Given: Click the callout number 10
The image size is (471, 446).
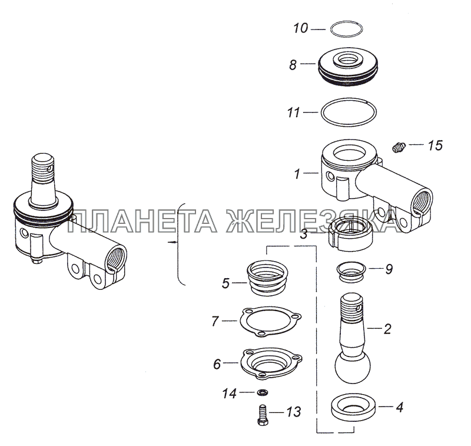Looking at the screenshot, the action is click(301, 28).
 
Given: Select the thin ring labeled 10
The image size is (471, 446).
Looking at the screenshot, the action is click(346, 22).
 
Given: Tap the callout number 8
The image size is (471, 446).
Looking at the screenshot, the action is click(293, 65).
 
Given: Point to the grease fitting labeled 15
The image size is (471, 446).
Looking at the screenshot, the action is click(399, 147).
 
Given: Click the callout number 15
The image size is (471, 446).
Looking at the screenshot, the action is click(435, 146).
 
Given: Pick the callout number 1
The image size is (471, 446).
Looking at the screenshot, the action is click(297, 174).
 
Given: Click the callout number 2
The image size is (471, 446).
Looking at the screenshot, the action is click(387, 329).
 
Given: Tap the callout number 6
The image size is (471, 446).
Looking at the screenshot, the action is click(217, 364).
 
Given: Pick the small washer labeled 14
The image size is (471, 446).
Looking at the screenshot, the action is click(263, 392).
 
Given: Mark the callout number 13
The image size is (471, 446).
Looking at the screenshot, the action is click(293, 412).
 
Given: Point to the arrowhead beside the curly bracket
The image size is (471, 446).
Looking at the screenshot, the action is click(171, 242).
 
